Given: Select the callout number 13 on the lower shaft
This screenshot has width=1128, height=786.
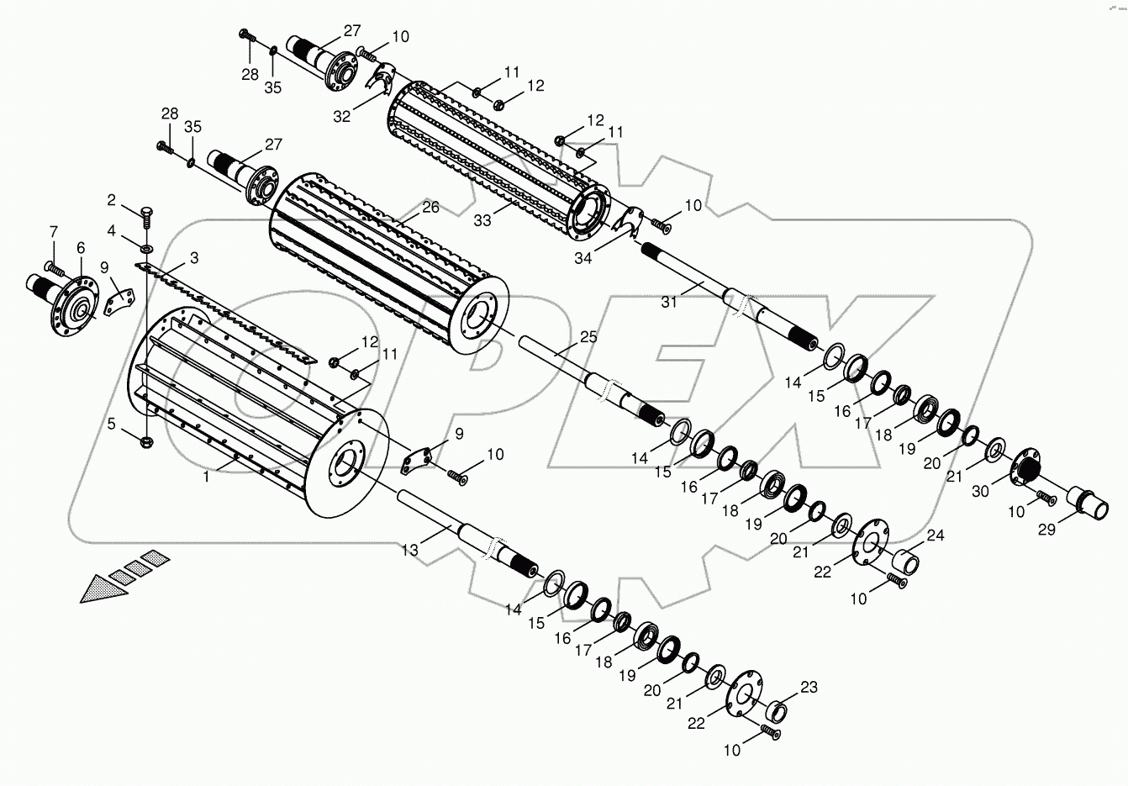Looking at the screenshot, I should tap(409, 551).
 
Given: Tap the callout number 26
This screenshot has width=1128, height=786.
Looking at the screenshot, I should tap(430, 207).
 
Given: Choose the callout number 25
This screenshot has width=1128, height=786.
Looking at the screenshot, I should tap(588, 336).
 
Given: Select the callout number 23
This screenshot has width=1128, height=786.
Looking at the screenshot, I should tap(809, 688).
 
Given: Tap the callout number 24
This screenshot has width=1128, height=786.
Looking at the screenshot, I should tap(936, 535).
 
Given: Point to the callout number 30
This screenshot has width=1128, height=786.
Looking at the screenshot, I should tap(981, 493).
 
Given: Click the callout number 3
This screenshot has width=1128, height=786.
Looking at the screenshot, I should tap(193, 256).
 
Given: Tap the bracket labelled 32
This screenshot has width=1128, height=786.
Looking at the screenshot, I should tap(380, 81).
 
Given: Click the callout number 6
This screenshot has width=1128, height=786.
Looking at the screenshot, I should tap(81, 248).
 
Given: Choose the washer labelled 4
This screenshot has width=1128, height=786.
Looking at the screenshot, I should tap(147, 249).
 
